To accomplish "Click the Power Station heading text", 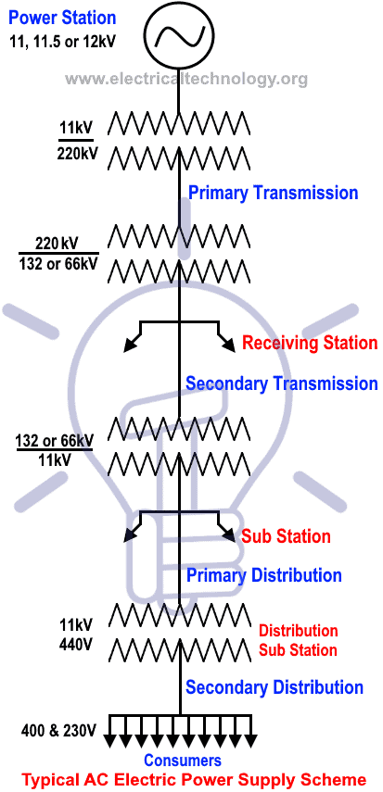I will (62, 18).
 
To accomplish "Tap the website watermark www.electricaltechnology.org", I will (186, 79).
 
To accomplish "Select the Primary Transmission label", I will (273, 193).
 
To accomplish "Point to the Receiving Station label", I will (310, 344).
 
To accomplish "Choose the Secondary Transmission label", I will (282, 383).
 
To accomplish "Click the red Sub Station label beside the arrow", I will (286, 536).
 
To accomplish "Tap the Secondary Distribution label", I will (274, 687).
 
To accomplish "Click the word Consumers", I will (183, 761).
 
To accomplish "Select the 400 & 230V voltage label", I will (58, 731).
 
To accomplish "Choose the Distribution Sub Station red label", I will (298, 639).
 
